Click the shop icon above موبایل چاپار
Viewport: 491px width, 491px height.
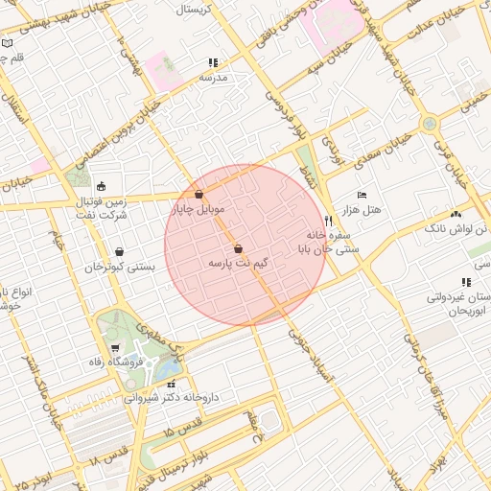199,194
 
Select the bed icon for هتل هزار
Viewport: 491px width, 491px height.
361,195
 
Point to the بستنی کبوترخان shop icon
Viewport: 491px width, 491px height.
119,252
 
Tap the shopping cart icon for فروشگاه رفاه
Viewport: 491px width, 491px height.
116,347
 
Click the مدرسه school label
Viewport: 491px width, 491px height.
213,77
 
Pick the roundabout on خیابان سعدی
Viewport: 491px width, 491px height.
429,124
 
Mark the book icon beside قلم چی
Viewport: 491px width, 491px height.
8,44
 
